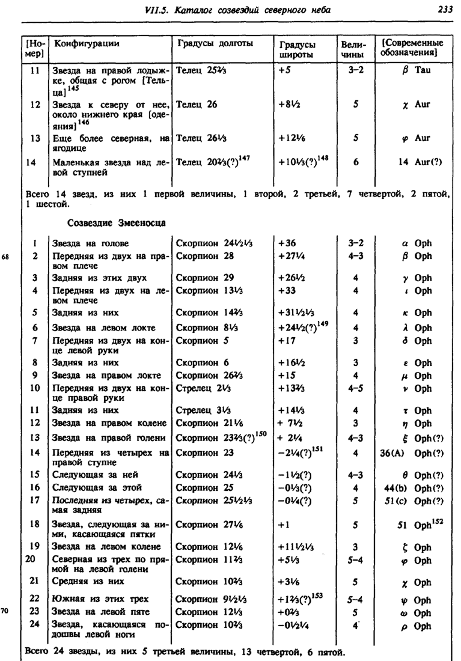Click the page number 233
tap(445, 10)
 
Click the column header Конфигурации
tap(87, 43)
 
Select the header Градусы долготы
tap(215, 43)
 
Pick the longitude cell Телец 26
tap(197, 104)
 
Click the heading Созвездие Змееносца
tap(116, 223)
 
